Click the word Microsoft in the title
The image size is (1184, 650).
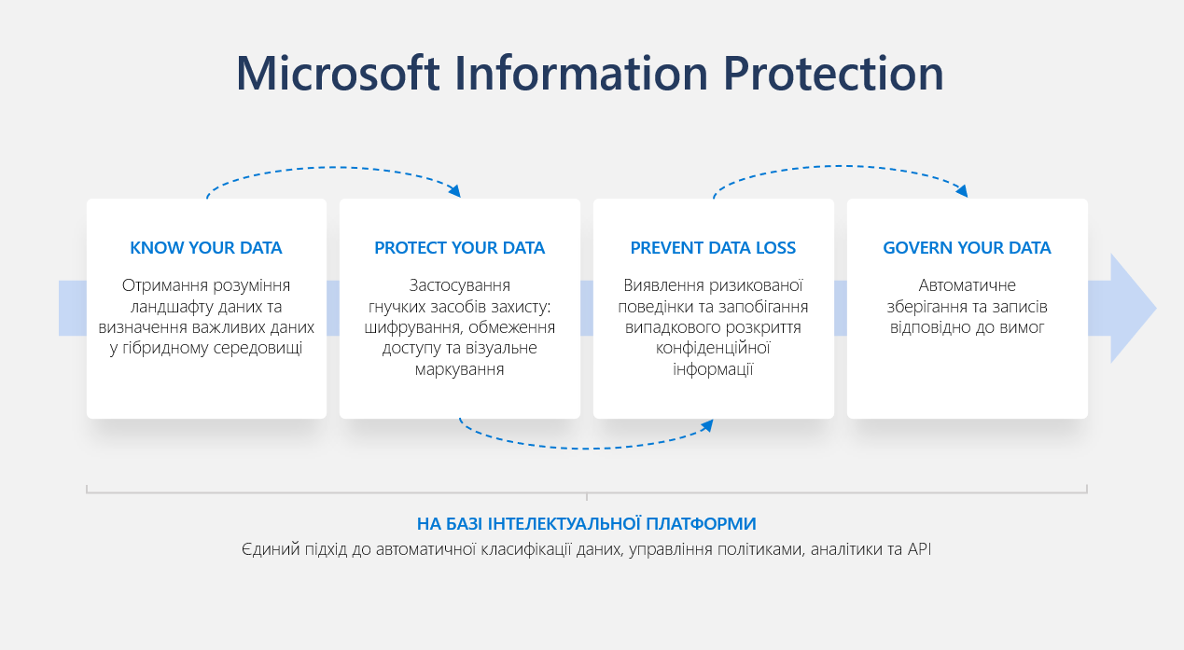(x=338, y=73)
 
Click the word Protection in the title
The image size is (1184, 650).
(x=833, y=73)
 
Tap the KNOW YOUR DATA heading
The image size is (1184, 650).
(x=206, y=248)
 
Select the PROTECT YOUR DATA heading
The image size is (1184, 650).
(x=459, y=248)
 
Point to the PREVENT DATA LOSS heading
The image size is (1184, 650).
(x=713, y=248)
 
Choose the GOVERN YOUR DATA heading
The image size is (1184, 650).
(x=967, y=248)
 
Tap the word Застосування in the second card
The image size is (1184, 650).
(x=459, y=286)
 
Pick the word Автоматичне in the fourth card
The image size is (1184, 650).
(x=967, y=286)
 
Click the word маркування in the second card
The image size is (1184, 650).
(x=459, y=369)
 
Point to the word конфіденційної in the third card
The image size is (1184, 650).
(x=713, y=348)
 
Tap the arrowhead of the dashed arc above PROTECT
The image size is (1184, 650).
(x=454, y=191)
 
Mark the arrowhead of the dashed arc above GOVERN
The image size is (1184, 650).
(x=962, y=191)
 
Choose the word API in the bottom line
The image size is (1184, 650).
(x=919, y=549)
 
